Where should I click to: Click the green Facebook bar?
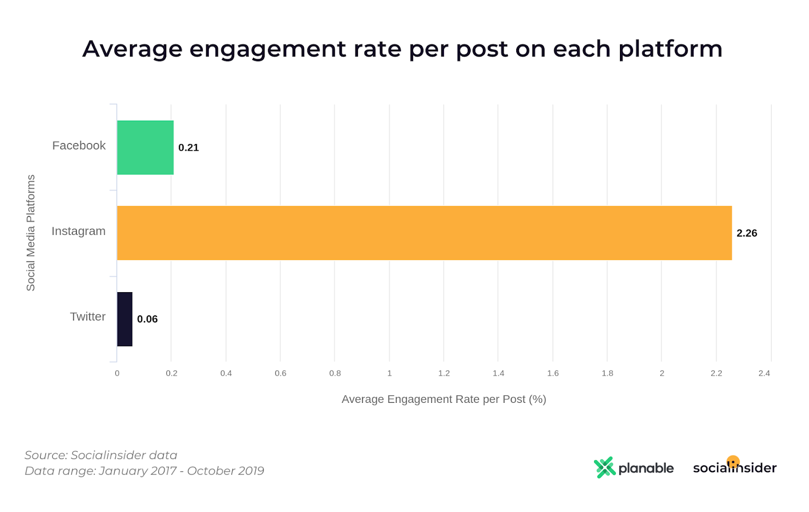pos(145,148)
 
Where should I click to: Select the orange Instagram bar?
pos(424,233)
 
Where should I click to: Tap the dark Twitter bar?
pos(124,319)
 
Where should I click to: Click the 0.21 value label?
pos(189,148)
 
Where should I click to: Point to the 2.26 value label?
pos(746,233)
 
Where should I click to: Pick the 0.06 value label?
pos(147,319)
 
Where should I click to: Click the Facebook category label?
pos(79,146)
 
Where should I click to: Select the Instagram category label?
pos(78,231)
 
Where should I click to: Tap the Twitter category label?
pos(87,316)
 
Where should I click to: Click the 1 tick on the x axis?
pos(389,373)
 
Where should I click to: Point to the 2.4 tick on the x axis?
pos(763,373)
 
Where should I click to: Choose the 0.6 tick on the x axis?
pos(280,373)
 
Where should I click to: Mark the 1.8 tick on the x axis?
pos(607,373)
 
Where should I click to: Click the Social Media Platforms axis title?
pos(31,232)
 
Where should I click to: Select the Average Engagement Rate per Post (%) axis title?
pos(443,399)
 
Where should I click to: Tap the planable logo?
pos(634,468)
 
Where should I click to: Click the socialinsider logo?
pos(734,467)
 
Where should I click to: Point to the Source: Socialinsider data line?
pos(101,455)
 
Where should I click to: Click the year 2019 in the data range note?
pos(251,471)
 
